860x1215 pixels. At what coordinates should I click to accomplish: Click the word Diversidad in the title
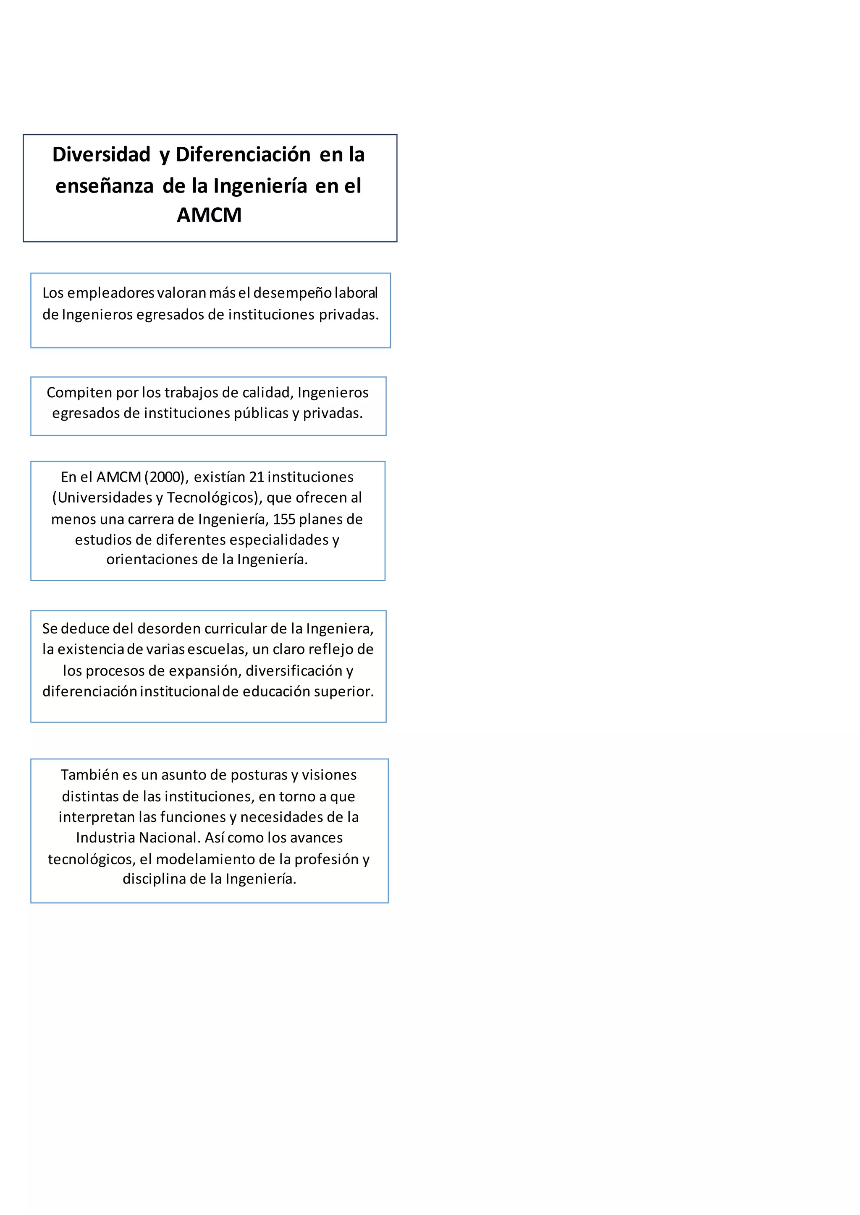[x=101, y=154]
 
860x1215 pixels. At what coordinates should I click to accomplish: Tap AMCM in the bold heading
[x=209, y=215]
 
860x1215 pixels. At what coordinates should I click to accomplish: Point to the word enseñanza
[x=104, y=186]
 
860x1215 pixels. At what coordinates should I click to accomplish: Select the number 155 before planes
[x=284, y=519]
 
